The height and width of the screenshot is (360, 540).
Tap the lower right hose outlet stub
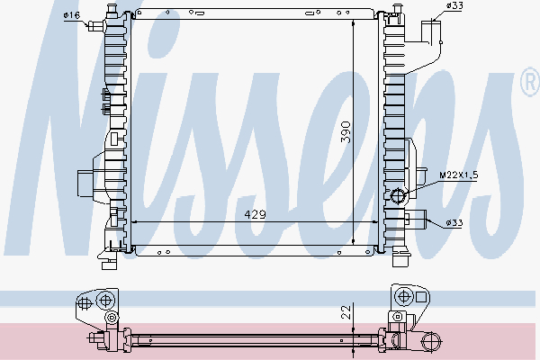click(418, 220)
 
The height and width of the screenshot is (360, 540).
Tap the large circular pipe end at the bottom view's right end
click(432, 341)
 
